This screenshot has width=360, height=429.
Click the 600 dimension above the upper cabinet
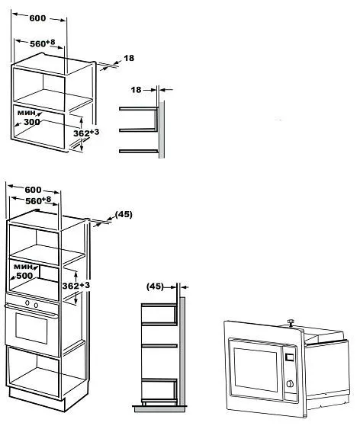pos(37,18)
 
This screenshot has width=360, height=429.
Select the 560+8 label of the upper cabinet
pos(43,43)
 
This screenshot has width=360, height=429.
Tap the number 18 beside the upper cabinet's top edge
pos(129,58)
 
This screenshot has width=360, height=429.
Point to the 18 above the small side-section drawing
pos(136,90)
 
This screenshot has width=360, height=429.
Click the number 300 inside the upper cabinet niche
pos(32,122)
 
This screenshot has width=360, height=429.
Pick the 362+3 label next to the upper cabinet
pos(86,133)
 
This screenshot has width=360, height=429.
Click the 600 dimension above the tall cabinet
pos(33,190)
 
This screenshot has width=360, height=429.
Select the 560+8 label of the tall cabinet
pos(38,200)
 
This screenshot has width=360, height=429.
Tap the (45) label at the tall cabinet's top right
pos(124,215)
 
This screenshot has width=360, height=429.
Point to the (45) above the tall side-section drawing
pos(155,287)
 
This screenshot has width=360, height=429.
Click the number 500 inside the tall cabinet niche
pos(24,276)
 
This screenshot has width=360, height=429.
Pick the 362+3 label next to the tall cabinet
pos(76,285)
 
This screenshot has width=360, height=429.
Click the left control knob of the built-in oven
pos(27,303)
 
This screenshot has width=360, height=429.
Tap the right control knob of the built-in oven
pos(36,305)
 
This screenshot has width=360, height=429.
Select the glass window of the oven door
pos(31,328)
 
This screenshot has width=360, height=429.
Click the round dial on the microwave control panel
pos(290,383)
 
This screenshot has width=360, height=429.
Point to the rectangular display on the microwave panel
pos(289,357)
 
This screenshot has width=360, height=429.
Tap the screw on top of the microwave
pos(290,322)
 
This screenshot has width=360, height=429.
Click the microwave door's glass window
pos(256,369)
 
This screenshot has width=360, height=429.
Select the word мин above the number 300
pos(26,113)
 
